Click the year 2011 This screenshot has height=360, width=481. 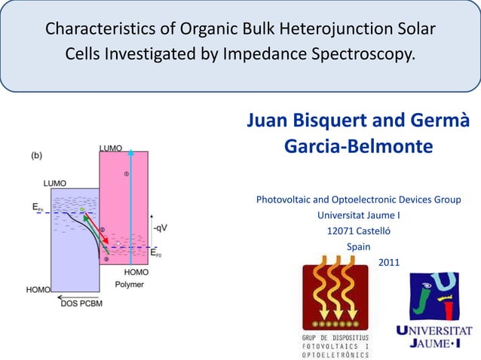point(388,263)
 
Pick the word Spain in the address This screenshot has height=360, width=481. point(358,247)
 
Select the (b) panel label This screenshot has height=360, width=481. point(36,155)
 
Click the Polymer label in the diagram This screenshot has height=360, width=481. point(130,284)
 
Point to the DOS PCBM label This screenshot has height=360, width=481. point(81,304)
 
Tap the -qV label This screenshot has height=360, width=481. point(160,225)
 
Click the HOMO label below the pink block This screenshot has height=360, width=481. point(136,272)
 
